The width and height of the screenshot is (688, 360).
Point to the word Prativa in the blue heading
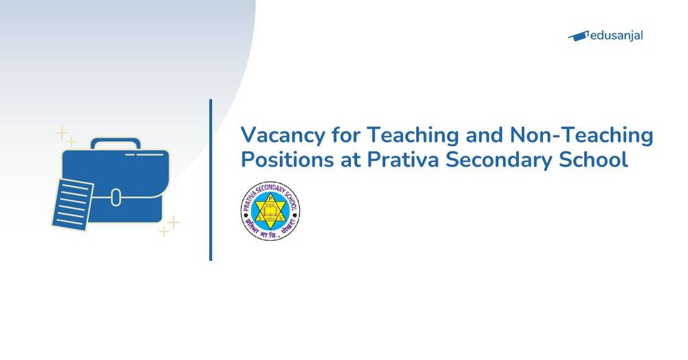400,160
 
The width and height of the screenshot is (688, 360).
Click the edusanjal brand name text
617,35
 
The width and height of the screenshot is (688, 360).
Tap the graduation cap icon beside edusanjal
579,35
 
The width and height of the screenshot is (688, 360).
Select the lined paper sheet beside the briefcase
71,204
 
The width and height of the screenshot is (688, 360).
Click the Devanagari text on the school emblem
270,232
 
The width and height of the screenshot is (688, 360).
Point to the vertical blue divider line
211,180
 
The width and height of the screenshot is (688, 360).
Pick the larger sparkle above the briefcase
62,132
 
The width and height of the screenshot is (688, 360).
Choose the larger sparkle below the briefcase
174,222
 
